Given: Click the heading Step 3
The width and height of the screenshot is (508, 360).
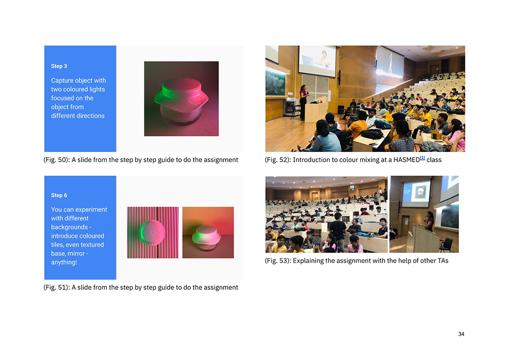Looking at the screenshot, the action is coord(59,66).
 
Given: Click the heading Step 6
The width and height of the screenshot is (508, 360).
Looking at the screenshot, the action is coord(59,195).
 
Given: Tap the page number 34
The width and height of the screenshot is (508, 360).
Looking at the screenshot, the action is coord(461,334).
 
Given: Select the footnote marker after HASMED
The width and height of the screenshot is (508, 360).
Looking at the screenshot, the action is coord(422,158).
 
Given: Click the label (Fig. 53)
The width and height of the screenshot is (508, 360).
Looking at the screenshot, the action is coord(278,261).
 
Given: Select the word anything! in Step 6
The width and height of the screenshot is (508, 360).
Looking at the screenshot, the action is coord(64,262).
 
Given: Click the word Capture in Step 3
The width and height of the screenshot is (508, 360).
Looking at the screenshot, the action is coord(62,81).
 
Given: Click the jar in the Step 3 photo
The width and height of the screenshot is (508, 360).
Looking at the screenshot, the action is coord(181,101).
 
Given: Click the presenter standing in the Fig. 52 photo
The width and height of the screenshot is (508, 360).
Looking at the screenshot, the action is coord(304,103).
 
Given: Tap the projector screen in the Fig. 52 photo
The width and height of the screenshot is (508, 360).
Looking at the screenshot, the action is coord(317,62).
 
